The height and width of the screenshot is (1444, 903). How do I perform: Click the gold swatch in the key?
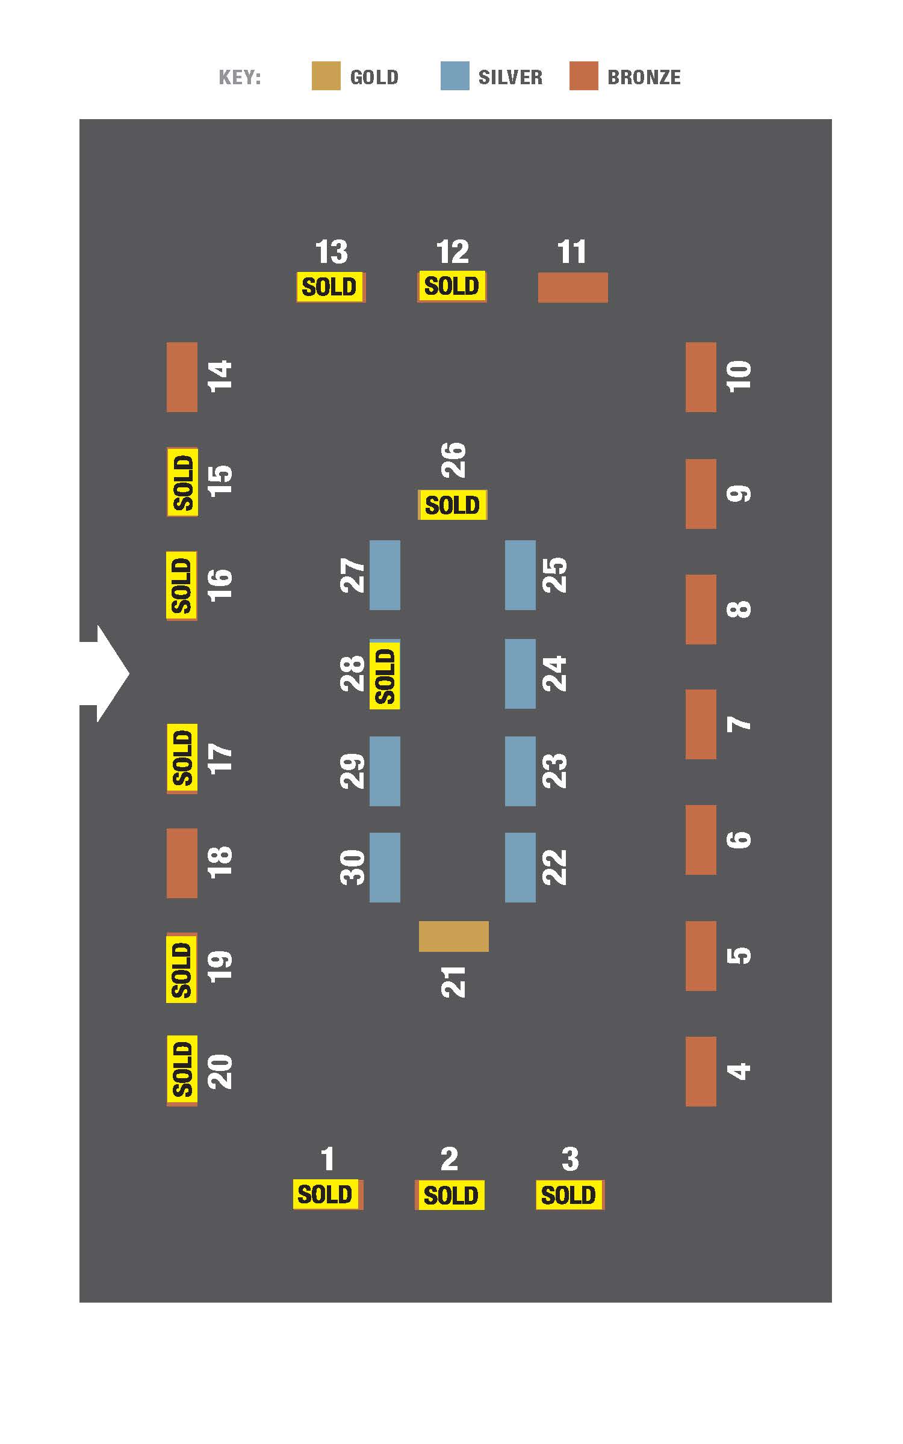pos(326,76)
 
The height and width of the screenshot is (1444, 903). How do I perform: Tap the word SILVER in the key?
pos(510,78)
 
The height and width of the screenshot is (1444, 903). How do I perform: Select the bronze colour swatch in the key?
pos(584,76)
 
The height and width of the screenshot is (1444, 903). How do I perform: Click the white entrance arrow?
pos(104,673)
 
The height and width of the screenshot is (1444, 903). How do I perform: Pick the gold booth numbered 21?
pos(453,936)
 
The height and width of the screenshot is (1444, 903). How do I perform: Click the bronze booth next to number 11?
pos(573,288)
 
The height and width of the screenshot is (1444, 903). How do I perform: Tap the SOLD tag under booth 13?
pos(330,287)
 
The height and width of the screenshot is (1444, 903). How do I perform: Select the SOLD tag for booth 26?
pos(453,505)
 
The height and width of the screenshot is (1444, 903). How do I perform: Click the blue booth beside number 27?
pos(385,575)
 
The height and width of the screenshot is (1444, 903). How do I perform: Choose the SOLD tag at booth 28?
pos(385,675)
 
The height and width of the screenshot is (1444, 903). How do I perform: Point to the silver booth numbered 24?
pos(520,674)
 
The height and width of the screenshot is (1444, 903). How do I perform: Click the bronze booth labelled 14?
pos(182,377)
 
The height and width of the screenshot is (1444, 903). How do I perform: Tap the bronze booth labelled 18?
pos(182,863)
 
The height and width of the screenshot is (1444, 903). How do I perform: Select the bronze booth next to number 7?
pos(701,724)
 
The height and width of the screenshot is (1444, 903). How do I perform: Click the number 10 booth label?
pos(739,377)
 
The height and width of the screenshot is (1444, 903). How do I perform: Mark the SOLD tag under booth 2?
pos(451,1195)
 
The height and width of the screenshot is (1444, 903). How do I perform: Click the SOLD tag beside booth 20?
pos(182,1070)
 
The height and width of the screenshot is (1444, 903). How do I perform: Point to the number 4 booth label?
pos(739,1071)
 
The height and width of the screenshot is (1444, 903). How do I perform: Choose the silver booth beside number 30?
pos(385,868)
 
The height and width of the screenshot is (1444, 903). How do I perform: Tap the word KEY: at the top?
pos(240,78)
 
